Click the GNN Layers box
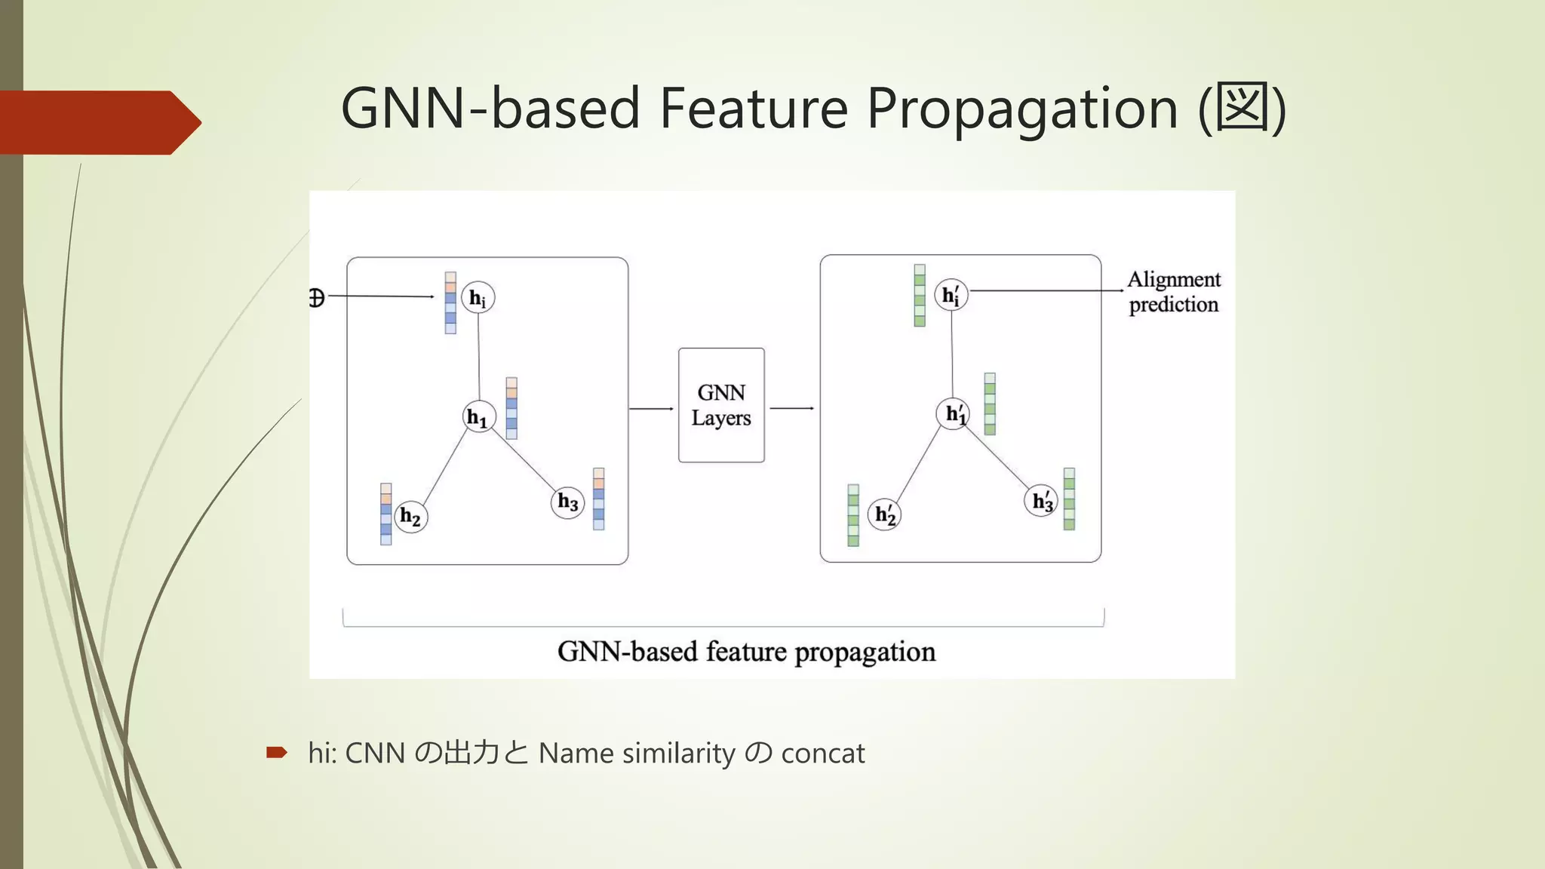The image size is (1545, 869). point(721,405)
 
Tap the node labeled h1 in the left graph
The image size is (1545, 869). point(479,416)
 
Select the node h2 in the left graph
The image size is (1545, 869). point(411,517)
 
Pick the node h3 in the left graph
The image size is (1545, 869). point(568,502)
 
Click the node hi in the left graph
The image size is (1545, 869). point(478,298)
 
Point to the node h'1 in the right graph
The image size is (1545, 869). point(954,413)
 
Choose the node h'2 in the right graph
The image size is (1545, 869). point(885,515)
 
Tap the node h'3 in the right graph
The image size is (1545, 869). point(1041,501)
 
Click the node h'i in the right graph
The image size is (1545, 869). point(951,295)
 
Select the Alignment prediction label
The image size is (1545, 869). point(1174,292)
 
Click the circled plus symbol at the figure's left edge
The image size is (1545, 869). point(317,298)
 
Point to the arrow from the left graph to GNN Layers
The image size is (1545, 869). point(651,408)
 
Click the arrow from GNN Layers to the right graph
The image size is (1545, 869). point(791,408)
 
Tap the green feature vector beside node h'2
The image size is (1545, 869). point(853,515)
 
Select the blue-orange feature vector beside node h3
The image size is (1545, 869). point(598,499)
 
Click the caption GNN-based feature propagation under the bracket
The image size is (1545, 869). point(746,652)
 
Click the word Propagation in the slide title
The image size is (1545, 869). point(1022,109)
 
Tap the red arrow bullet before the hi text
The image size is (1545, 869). point(277,752)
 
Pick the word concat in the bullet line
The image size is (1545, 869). point(822,754)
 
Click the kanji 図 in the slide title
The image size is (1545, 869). point(1242,109)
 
